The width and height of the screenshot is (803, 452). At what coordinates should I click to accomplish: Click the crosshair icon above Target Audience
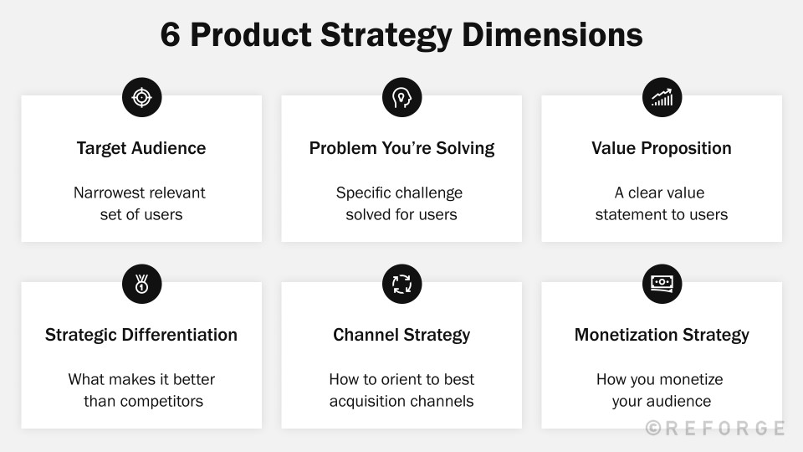click(141, 98)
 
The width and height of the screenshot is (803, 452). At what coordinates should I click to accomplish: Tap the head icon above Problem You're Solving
click(401, 98)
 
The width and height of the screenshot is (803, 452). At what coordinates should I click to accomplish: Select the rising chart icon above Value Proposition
click(662, 98)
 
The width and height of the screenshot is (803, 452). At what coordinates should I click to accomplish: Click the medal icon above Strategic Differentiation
click(141, 285)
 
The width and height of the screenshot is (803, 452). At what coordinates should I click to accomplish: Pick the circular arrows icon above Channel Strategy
click(401, 285)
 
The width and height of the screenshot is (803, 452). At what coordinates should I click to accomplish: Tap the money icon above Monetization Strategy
click(662, 285)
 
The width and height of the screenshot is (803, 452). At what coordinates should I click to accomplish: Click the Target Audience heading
click(141, 148)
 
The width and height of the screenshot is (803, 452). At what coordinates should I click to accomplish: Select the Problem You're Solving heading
click(401, 148)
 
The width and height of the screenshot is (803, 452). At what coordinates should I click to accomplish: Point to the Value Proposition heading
click(662, 148)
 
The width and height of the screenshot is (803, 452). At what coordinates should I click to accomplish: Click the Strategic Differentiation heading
click(141, 335)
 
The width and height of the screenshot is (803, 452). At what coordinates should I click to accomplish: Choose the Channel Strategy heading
click(401, 335)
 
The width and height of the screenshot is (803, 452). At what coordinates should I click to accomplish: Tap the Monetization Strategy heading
click(662, 335)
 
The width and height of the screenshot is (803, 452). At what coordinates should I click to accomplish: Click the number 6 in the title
click(170, 35)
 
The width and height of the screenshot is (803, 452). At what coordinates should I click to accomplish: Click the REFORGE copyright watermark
click(715, 429)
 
